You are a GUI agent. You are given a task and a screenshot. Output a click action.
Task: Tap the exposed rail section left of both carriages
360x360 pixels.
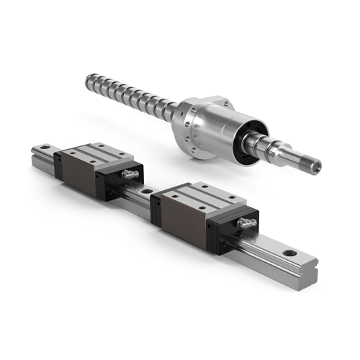tap(45, 155)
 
